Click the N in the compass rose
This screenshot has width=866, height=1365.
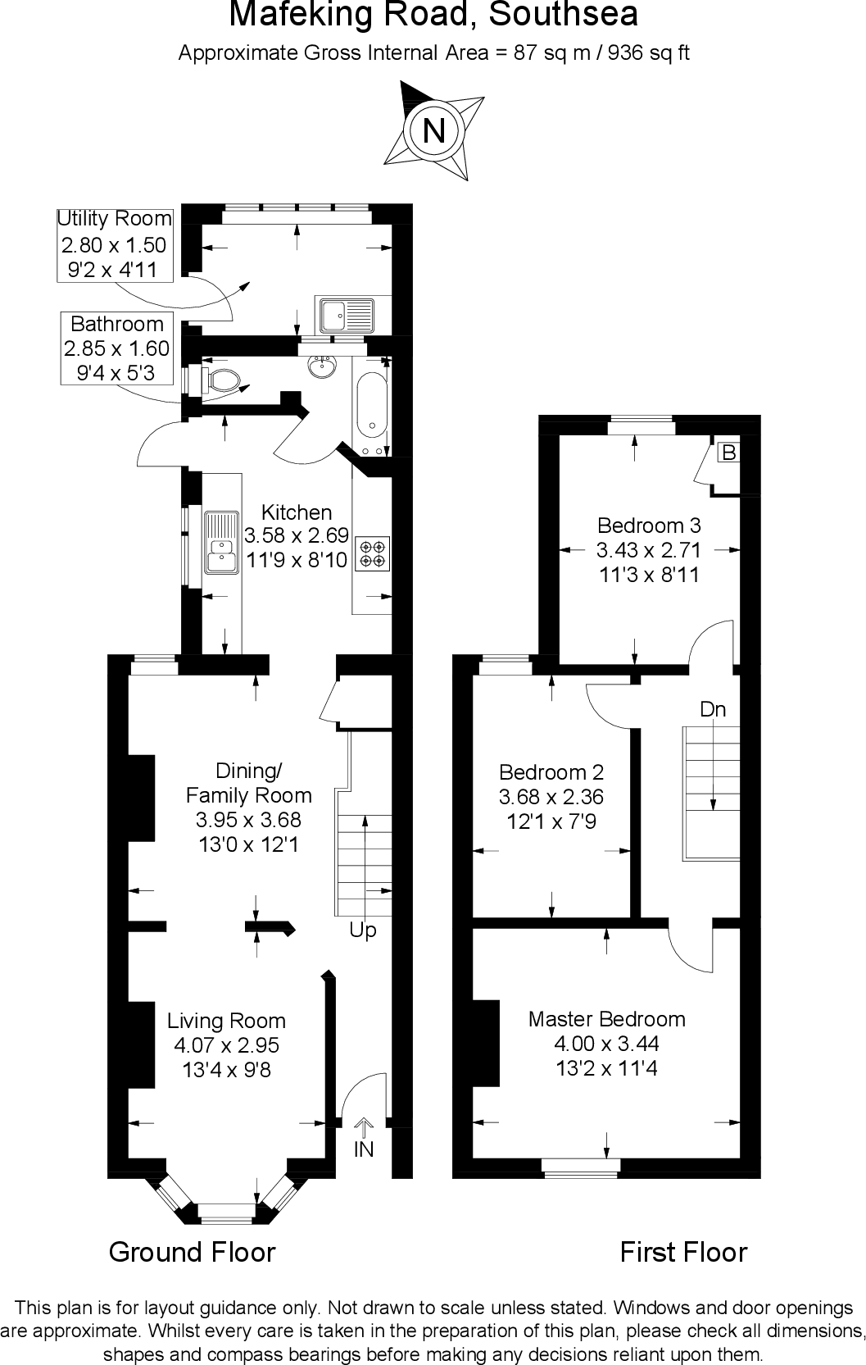(x=433, y=130)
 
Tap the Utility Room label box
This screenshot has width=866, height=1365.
(x=114, y=244)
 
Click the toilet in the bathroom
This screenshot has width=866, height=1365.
(x=221, y=380)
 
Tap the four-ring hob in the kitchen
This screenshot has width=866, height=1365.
(x=371, y=553)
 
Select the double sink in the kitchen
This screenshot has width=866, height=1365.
(x=220, y=542)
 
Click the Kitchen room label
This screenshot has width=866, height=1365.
(x=297, y=512)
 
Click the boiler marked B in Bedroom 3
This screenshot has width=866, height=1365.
(x=728, y=453)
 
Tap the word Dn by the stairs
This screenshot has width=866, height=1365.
(x=713, y=709)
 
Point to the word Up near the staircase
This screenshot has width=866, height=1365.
(x=363, y=930)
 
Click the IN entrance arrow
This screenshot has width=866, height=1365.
(x=363, y=1140)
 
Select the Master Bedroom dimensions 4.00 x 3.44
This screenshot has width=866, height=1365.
(x=606, y=1044)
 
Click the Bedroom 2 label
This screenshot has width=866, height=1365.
(x=551, y=772)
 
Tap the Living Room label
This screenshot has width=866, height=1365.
(x=226, y=1021)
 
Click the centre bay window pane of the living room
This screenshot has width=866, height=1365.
(x=227, y=1208)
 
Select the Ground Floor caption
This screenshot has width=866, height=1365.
(x=193, y=1252)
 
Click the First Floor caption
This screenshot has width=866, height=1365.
(x=683, y=1252)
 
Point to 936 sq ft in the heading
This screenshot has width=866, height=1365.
(x=648, y=53)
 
